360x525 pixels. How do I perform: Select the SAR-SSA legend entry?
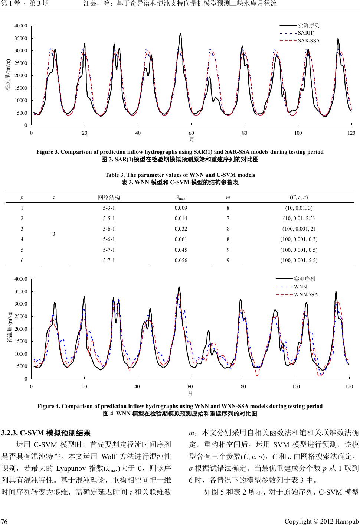(x=309, y=40)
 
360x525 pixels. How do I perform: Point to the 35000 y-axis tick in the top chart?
(x=20, y=38)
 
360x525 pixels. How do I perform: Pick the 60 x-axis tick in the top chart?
(x=191, y=133)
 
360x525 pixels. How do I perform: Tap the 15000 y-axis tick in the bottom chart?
(x=20, y=342)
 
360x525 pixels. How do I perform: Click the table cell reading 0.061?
(x=181, y=239)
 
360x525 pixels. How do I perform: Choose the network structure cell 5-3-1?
(x=109, y=208)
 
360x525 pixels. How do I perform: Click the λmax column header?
(x=181, y=197)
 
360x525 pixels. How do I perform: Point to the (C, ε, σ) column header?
(x=299, y=197)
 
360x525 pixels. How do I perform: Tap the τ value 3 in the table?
(x=54, y=234)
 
